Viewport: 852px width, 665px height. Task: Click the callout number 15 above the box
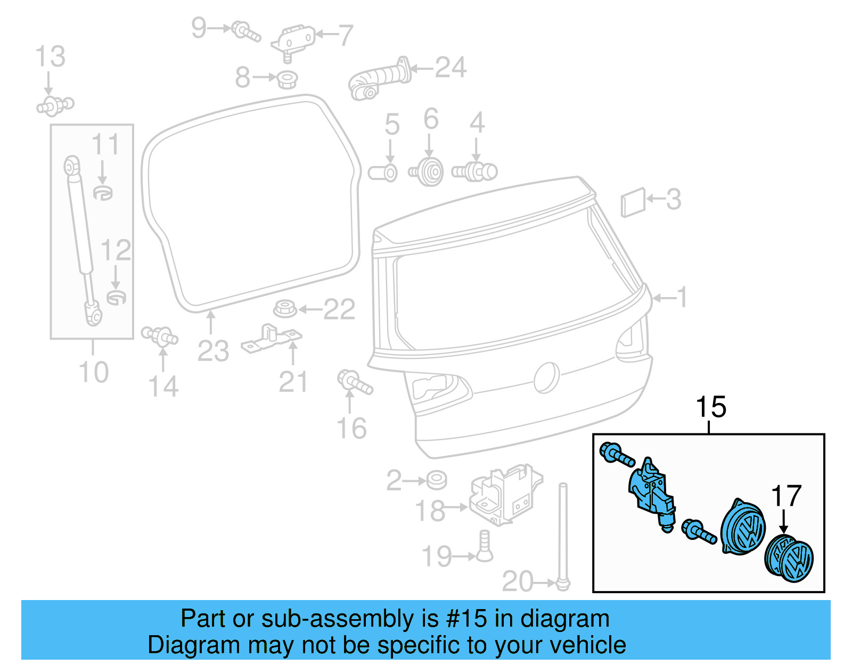(x=710, y=407)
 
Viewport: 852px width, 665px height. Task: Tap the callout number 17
(x=786, y=496)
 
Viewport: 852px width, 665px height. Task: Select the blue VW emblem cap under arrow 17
(x=789, y=560)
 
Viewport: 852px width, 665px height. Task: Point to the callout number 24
(x=450, y=68)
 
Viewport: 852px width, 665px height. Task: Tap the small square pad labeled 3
(x=633, y=202)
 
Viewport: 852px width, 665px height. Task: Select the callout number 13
(x=50, y=57)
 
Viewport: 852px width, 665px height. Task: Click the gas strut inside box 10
(x=81, y=240)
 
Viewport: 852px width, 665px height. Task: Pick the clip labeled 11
(x=103, y=192)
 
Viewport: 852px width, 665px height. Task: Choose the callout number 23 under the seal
(x=213, y=351)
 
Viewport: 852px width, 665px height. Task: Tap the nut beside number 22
(x=285, y=309)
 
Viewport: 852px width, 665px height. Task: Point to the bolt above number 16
(x=355, y=382)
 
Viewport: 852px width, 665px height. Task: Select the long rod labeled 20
(x=563, y=532)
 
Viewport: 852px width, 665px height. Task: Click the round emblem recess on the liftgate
(x=546, y=377)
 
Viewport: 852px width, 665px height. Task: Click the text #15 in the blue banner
(x=466, y=619)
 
